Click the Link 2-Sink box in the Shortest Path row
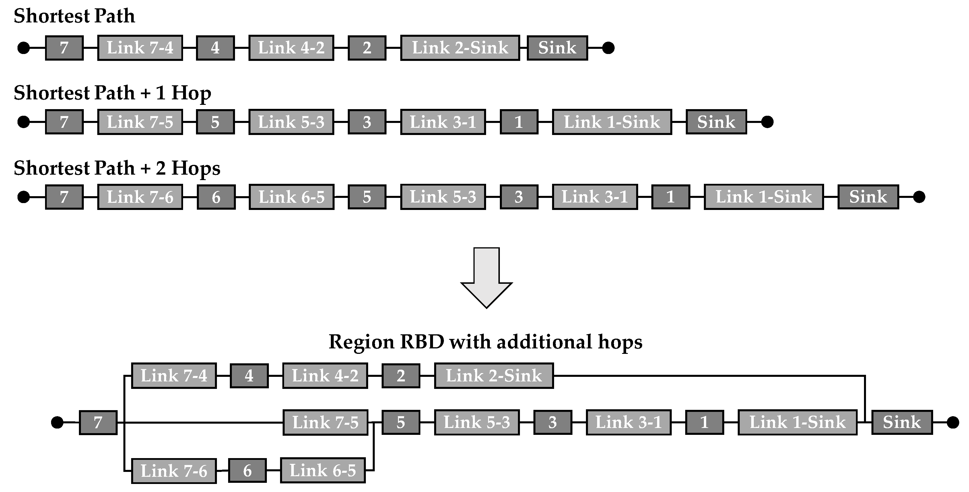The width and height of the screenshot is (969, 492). coord(460,48)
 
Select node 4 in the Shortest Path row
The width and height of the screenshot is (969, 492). coord(215,48)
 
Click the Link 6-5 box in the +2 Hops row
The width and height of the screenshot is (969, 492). coord(292,197)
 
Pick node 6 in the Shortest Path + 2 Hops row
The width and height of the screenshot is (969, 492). coord(216,197)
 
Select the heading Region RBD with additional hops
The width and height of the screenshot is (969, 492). coord(485,342)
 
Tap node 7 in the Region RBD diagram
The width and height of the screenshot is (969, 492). coord(98,422)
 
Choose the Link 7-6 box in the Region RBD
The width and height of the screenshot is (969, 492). coord(174,470)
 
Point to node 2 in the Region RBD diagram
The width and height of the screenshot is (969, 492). coord(401,376)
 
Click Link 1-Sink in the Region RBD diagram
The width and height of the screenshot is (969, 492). coord(797,422)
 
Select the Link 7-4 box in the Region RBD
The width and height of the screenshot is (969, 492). coord(174,376)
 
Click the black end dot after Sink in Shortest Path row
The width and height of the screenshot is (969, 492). coord(608,48)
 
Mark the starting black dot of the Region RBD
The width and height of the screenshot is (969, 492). coord(57,422)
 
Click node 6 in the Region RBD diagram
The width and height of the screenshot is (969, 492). coord(247,470)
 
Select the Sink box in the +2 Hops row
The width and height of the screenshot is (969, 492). coord(868,197)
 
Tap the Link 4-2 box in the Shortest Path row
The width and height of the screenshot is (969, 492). coord(291,48)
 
